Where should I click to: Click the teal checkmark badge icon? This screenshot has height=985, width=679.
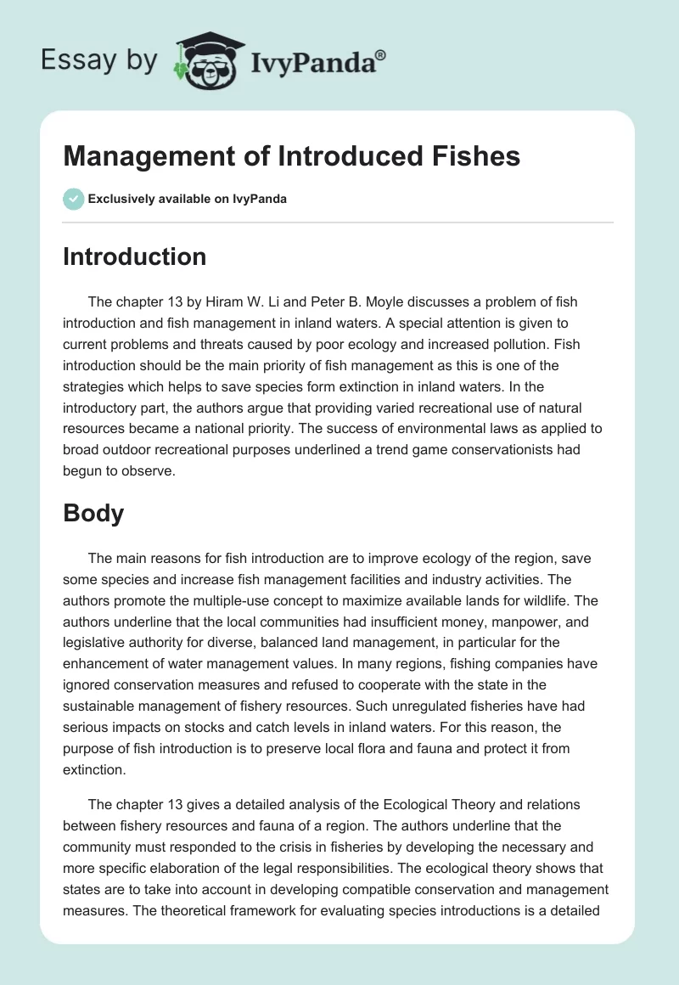click(73, 199)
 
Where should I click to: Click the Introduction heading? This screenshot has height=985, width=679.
click(134, 256)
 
